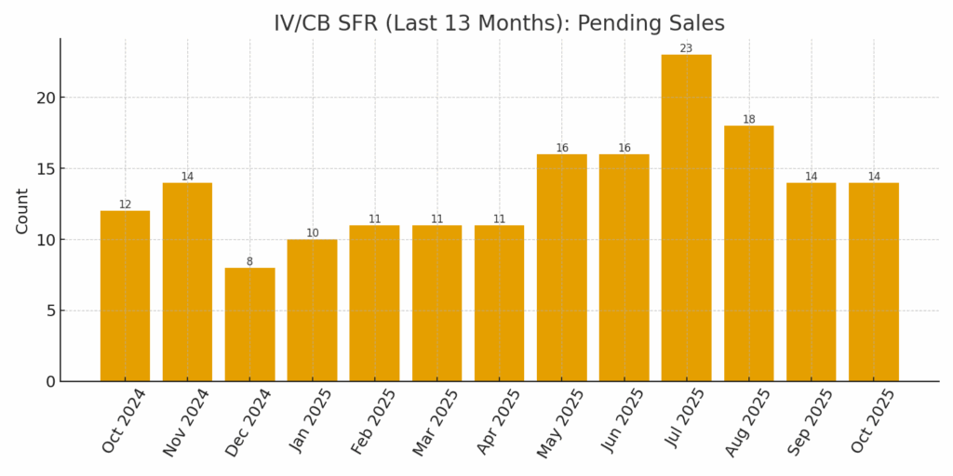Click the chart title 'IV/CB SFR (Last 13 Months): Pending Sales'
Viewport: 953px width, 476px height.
pyautogui.click(x=499, y=23)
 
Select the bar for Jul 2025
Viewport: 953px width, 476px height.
pyautogui.click(x=686, y=218)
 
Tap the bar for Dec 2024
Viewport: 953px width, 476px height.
pyautogui.click(x=249, y=324)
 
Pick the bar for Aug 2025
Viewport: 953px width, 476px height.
pyautogui.click(x=748, y=253)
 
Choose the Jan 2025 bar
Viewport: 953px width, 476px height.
pyautogui.click(x=312, y=311)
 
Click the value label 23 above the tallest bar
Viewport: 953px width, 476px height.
pyautogui.click(x=686, y=48)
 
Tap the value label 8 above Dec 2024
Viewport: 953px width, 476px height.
pyautogui.click(x=249, y=261)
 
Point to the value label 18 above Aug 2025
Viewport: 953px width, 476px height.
pyautogui.click(x=748, y=119)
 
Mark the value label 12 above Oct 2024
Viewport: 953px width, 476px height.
pyautogui.click(x=125, y=205)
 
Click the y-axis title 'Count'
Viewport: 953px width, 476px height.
pyautogui.click(x=21, y=211)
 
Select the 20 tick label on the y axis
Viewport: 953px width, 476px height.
pyautogui.click(x=46, y=98)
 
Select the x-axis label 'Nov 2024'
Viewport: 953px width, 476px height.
pyautogui.click(x=185, y=423)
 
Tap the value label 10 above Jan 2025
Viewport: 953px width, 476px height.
pyautogui.click(x=312, y=233)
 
